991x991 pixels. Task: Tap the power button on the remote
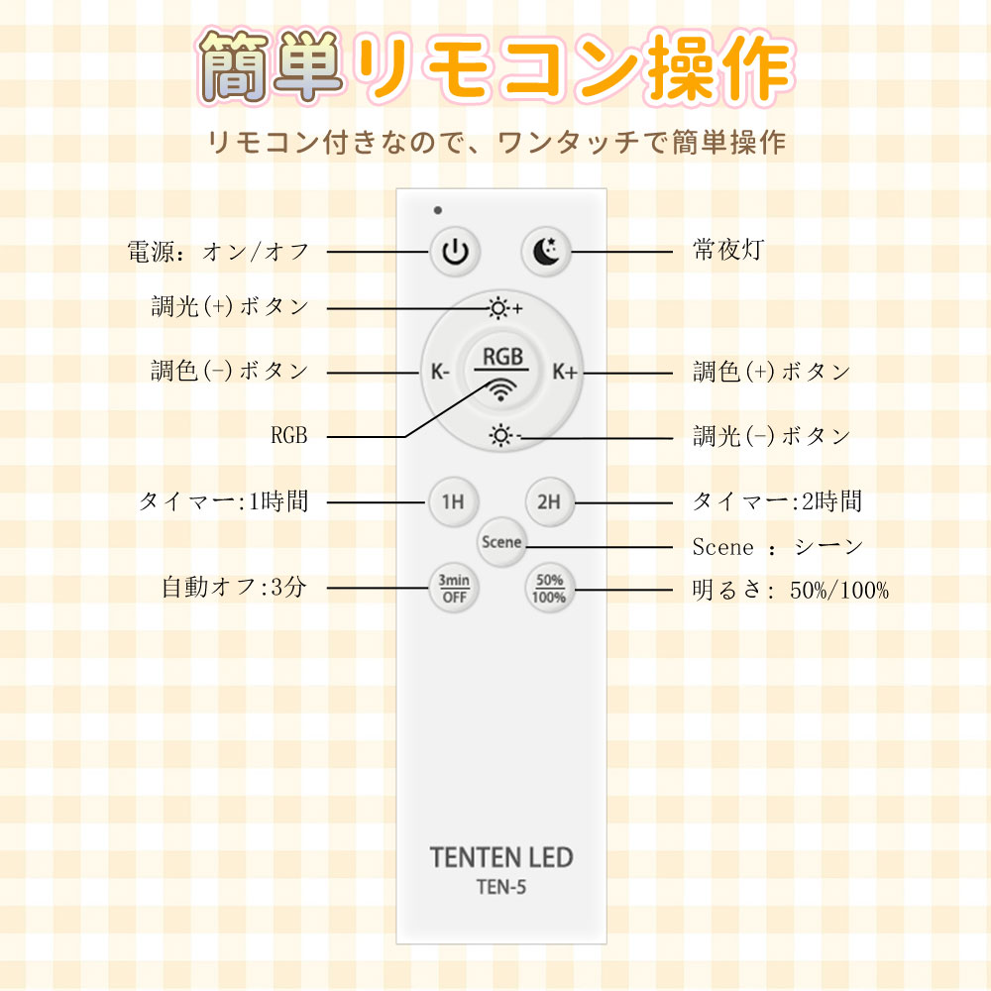coord(454,252)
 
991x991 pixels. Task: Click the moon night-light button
coord(547,252)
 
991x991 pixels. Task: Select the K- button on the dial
coord(441,373)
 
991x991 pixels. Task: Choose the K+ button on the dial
coord(565,373)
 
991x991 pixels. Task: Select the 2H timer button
coord(548,501)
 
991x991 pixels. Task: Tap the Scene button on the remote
coord(501,542)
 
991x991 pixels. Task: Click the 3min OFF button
coord(454,591)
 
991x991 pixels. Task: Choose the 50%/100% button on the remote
coord(548,591)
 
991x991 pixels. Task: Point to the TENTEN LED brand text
coord(501,857)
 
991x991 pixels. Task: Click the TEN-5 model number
coord(501,888)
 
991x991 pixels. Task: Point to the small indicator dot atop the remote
coord(437,210)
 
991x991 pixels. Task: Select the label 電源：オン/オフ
coord(219,252)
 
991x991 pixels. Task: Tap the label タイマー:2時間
coord(777,501)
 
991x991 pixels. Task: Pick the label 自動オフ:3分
coord(235,587)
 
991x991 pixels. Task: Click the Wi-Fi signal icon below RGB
coord(502,388)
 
